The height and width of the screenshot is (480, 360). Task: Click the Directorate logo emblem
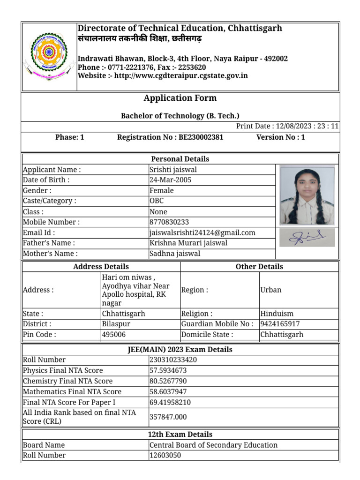(x=49, y=56)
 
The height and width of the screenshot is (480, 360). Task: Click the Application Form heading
(x=180, y=98)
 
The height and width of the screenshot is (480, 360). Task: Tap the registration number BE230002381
(x=201, y=137)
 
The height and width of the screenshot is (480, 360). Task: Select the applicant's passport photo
(x=307, y=195)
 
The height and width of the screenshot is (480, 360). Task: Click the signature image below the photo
(x=307, y=238)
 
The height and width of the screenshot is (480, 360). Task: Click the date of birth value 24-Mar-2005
(x=170, y=180)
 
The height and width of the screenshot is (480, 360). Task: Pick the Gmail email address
(x=202, y=232)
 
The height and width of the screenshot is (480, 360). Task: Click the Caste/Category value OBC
(x=157, y=201)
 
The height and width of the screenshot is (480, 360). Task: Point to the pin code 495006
(x=114, y=335)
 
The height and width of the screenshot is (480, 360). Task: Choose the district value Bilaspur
(x=116, y=324)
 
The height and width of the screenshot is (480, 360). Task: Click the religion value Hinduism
(x=277, y=314)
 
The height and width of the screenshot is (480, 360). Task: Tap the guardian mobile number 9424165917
(x=280, y=324)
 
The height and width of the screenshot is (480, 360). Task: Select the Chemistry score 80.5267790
(x=168, y=381)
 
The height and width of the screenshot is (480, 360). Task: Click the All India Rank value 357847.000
(x=168, y=417)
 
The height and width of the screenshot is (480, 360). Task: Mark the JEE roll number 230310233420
(x=173, y=360)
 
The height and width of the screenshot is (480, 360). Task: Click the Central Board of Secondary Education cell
(x=213, y=445)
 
